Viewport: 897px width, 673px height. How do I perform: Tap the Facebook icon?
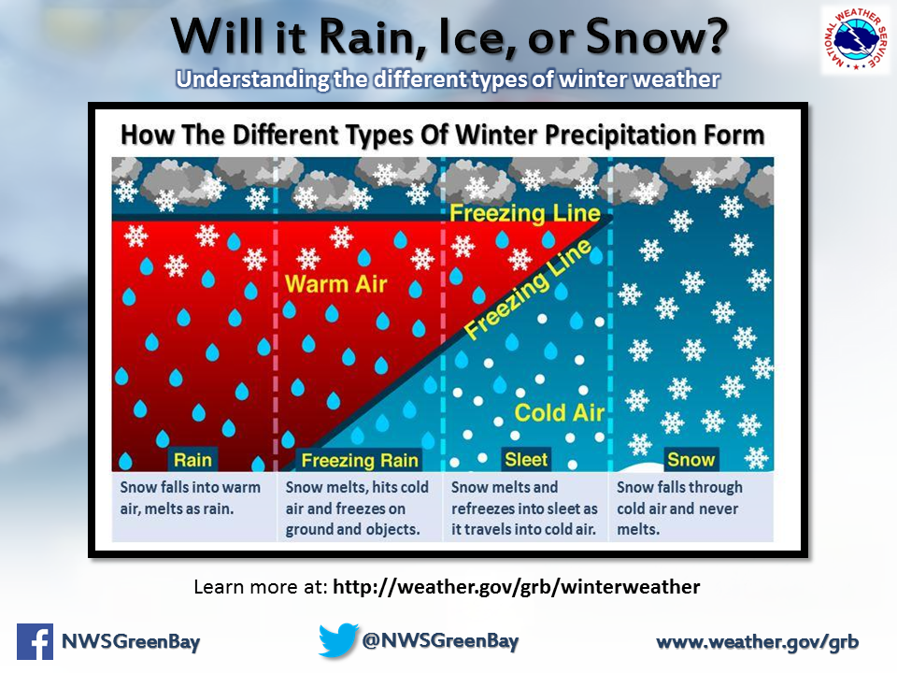(x=35, y=641)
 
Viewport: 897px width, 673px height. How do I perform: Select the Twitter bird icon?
(x=338, y=639)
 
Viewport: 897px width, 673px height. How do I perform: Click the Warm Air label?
(x=335, y=284)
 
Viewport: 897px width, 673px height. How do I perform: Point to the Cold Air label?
(x=559, y=412)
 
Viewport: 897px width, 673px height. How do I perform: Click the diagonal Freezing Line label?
(x=527, y=290)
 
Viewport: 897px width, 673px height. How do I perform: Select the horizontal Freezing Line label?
(x=524, y=213)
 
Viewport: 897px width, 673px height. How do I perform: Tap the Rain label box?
(x=192, y=460)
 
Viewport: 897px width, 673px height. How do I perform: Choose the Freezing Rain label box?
(x=359, y=460)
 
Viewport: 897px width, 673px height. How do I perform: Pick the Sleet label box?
(x=526, y=459)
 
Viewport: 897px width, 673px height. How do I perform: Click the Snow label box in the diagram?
(x=691, y=459)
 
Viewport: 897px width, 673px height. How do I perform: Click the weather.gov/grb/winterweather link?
(x=516, y=587)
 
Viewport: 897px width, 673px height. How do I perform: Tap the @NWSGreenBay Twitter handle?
(x=440, y=640)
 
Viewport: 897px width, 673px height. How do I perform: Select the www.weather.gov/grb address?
(x=758, y=641)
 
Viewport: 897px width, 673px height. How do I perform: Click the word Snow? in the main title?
(x=656, y=36)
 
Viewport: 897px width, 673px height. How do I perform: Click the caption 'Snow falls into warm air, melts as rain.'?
(x=190, y=498)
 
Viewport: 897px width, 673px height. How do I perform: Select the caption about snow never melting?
(x=679, y=508)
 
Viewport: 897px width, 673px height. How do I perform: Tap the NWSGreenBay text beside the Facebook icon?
(x=131, y=641)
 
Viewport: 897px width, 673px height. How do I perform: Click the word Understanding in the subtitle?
(x=253, y=79)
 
